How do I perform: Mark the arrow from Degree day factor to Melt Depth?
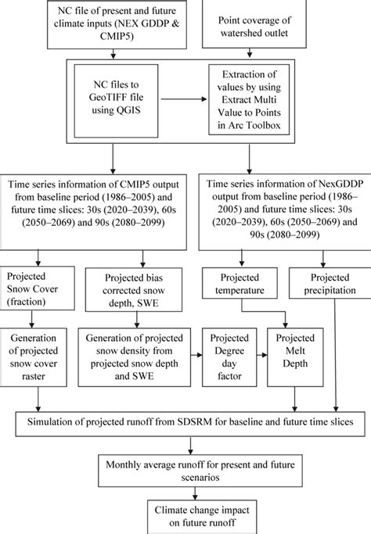265,355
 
